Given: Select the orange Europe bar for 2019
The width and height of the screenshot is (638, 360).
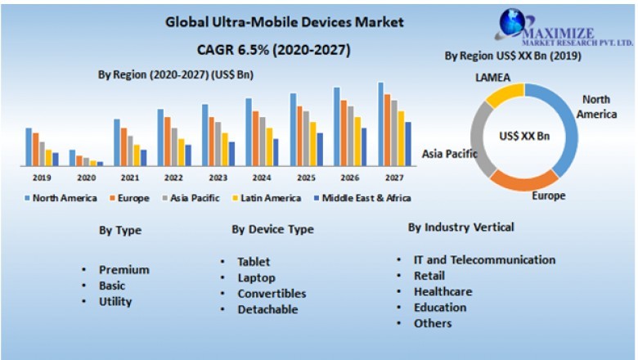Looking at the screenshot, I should coord(35,149).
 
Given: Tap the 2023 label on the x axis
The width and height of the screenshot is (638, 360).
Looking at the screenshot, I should coord(218,178).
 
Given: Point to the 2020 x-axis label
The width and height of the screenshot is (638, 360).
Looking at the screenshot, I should coord(86,178).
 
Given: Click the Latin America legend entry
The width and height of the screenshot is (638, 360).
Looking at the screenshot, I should coord(270,197).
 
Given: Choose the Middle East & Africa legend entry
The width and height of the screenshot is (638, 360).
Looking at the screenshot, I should coord(366,197).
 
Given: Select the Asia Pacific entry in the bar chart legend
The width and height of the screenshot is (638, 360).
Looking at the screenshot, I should coord(195,197).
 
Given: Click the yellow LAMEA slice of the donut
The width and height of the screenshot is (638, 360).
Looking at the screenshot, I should coord(505,95).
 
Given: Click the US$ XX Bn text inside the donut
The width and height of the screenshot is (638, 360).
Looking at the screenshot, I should coord(524,137).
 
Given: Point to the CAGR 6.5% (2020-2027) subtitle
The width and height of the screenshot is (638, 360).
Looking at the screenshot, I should coord(273,50).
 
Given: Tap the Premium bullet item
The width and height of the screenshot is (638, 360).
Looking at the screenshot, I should coord(124,270).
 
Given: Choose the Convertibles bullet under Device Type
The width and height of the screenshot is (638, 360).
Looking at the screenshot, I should coord(272,294).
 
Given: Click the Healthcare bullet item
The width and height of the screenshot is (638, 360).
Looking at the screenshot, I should coord(443,292).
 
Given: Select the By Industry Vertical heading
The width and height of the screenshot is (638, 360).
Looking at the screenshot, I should coord(461,227).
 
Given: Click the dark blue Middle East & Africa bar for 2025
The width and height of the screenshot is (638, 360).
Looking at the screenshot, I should coord(320,149).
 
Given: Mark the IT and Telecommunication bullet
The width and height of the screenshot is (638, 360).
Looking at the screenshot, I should coord(484,260).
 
